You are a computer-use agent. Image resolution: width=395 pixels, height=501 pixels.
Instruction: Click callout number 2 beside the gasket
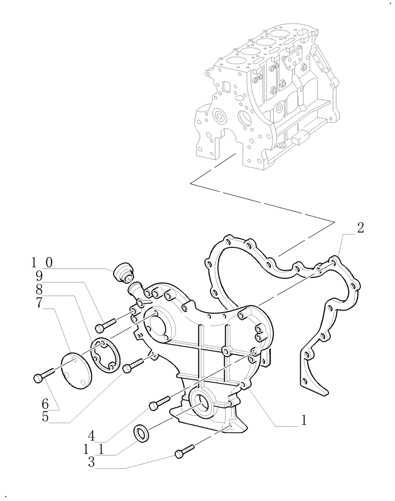(x=360, y=228)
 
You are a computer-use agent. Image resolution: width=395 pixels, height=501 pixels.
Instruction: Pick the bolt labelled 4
(x=159, y=402)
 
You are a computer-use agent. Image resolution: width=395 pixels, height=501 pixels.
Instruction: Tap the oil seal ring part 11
(x=142, y=434)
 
